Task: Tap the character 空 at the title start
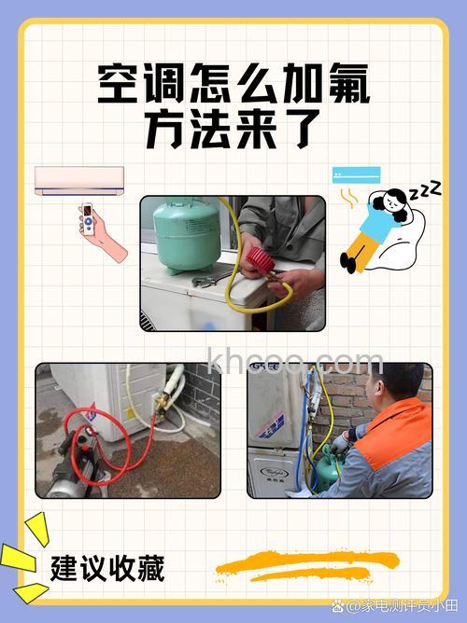[119, 86]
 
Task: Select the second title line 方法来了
[233, 131]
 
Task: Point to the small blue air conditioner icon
[357, 173]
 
